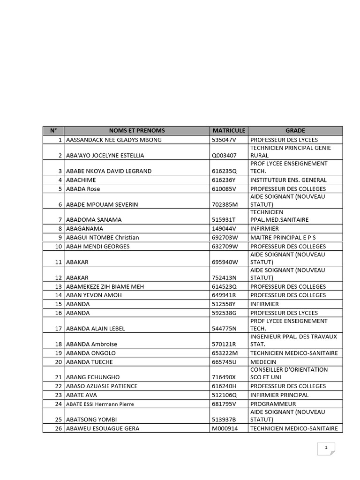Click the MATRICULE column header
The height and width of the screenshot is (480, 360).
pyautogui.click(x=229, y=131)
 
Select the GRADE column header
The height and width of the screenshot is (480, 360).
pyautogui.click(x=295, y=131)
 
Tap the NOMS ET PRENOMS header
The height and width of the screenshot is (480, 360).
pyautogui.click(x=136, y=131)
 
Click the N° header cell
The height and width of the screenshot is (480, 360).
pyautogui.click(x=53, y=131)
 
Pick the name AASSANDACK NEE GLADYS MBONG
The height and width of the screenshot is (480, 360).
pyautogui.click(x=114, y=140)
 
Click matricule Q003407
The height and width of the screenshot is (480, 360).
pyautogui.click(x=225, y=155)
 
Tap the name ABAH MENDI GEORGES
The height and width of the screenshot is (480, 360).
pyautogui.click(x=98, y=246)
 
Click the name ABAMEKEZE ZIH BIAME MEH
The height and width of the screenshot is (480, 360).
pyautogui.click(x=105, y=286)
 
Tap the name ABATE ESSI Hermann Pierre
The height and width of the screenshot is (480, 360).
pyautogui.click(x=100, y=404)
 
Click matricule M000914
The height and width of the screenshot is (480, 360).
pyautogui.click(x=225, y=428)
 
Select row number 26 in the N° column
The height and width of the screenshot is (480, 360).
pyautogui.click(x=59, y=428)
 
